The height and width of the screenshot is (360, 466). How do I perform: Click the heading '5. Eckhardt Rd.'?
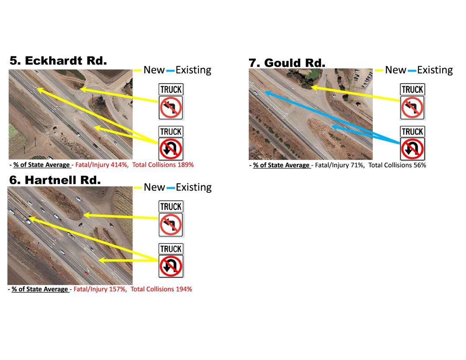(x=58, y=61)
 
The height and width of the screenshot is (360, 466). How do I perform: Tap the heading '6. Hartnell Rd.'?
(x=54, y=180)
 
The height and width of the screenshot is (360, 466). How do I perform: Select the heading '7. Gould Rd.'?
(x=287, y=63)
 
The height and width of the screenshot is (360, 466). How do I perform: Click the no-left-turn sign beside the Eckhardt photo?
(x=171, y=108)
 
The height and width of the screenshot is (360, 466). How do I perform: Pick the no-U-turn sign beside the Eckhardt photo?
(x=171, y=149)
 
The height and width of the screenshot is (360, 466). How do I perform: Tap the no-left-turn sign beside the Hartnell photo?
(x=171, y=225)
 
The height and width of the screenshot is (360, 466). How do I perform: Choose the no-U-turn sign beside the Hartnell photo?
(x=171, y=266)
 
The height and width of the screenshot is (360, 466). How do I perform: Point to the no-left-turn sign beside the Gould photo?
(x=412, y=108)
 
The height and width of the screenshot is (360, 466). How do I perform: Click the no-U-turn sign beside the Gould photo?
(x=412, y=149)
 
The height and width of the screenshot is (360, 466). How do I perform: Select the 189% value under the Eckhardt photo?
(x=186, y=165)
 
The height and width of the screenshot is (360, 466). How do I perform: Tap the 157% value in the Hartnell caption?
(x=120, y=289)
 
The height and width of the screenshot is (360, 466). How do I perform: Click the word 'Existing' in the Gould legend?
(x=435, y=70)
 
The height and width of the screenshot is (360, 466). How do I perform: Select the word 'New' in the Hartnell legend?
(x=154, y=187)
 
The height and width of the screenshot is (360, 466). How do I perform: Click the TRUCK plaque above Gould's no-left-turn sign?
(x=412, y=90)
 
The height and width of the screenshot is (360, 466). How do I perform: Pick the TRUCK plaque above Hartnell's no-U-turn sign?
(x=171, y=249)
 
